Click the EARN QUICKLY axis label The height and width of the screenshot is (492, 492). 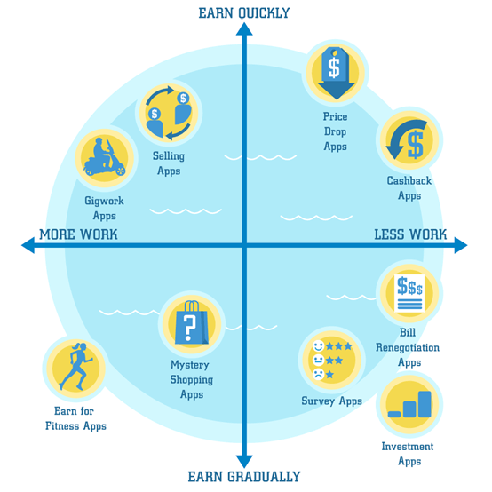(244, 13)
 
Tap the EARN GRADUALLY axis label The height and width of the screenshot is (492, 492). (244, 477)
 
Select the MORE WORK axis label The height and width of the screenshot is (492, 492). (78, 234)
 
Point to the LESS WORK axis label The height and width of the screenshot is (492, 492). (410, 234)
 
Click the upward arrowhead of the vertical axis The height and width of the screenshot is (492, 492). (244, 29)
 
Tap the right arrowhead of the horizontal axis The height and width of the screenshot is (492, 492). (461, 245)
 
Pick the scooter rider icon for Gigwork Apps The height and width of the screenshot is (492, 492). (105, 157)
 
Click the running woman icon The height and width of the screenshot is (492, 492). (75, 366)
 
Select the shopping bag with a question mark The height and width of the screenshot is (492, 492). (192, 322)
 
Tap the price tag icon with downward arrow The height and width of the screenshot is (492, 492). (336, 73)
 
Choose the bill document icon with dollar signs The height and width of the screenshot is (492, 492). (409, 293)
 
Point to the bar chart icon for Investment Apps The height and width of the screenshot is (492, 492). (409, 404)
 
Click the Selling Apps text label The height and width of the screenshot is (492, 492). (169, 163)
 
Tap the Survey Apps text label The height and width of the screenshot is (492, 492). (331, 401)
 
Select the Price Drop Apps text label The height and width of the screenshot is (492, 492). (336, 131)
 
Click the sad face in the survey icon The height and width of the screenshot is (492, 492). (318, 375)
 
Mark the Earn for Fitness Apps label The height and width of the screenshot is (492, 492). (75, 418)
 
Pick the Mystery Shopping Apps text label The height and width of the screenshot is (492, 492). (192, 379)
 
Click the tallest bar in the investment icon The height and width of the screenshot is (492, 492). (425, 404)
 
